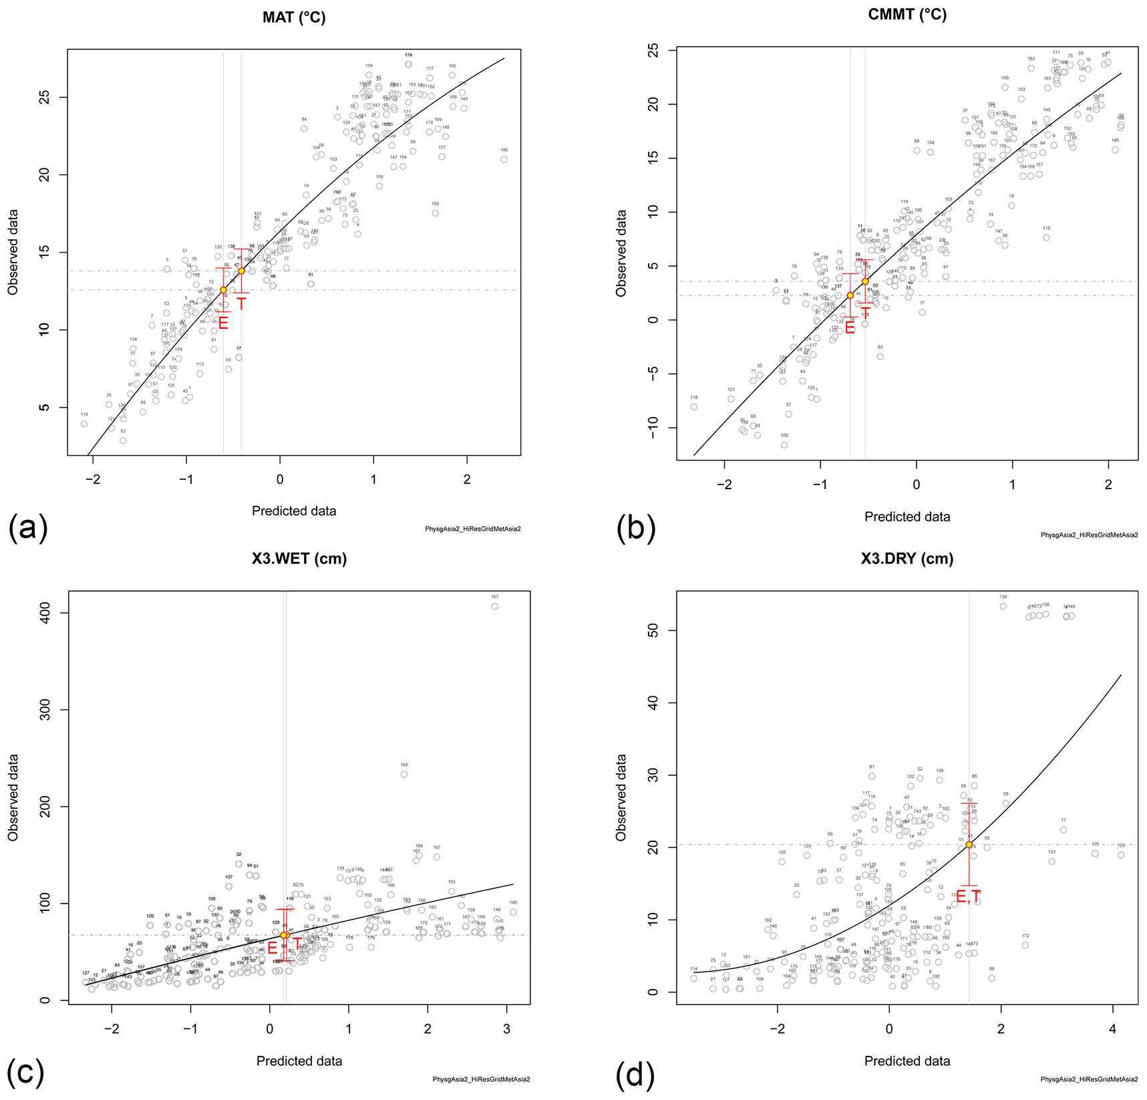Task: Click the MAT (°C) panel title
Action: coord(294,17)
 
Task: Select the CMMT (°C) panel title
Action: coord(907,14)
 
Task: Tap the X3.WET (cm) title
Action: coord(299,559)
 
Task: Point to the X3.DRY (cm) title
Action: coord(907,559)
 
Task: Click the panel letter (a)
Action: coord(27,528)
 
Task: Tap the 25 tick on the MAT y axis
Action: coord(43,98)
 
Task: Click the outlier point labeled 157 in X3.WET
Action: coord(494,606)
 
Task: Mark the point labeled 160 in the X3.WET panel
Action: coord(403,774)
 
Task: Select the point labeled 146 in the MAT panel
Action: coord(504,159)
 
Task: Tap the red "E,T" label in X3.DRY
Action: coord(968,898)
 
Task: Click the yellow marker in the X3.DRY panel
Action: coord(969,845)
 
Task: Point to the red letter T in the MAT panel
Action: coord(241,304)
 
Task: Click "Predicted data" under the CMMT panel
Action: coord(907,517)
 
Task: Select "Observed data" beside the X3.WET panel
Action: coord(13,797)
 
